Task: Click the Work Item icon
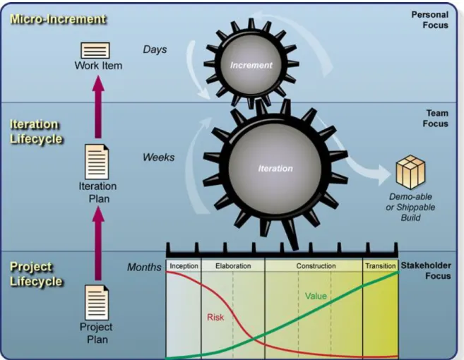pyautogui.click(x=95, y=50)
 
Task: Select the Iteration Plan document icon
pyautogui.click(x=97, y=162)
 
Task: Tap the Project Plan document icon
pyautogui.click(x=97, y=303)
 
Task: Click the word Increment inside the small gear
pyautogui.click(x=251, y=65)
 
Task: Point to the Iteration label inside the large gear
pyautogui.click(x=275, y=169)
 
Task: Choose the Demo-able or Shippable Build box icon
pyautogui.click(x=410, y=172)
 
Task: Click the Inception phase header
pyautogui.click(x=184, y=266)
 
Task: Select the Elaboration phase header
pyautogui.click(x=233, y=266)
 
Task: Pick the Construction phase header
pyautogui.click(x=316, y=266)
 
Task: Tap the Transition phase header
pyautogui.click(x=381, y=266)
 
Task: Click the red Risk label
pyautogui.click(x=215, y=318)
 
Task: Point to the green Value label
pyautogui.click(x=316, y=296)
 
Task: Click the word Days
pyautogui.click(x=155, y=49)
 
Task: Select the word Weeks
pyautogui.click(x=159, y=157)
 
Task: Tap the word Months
pyautogui.click(x=144, y=267)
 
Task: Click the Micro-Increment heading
pyautogui.click(x=58, y=19)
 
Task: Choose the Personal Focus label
pyautogui.click(x=430, y=20)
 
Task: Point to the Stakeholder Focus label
pyautogui.click(x=426, y=270)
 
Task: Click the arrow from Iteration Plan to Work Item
pyautogui.click(x=98, y=107)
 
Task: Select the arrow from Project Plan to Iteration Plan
pyautogui.click(x=98, y=244)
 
